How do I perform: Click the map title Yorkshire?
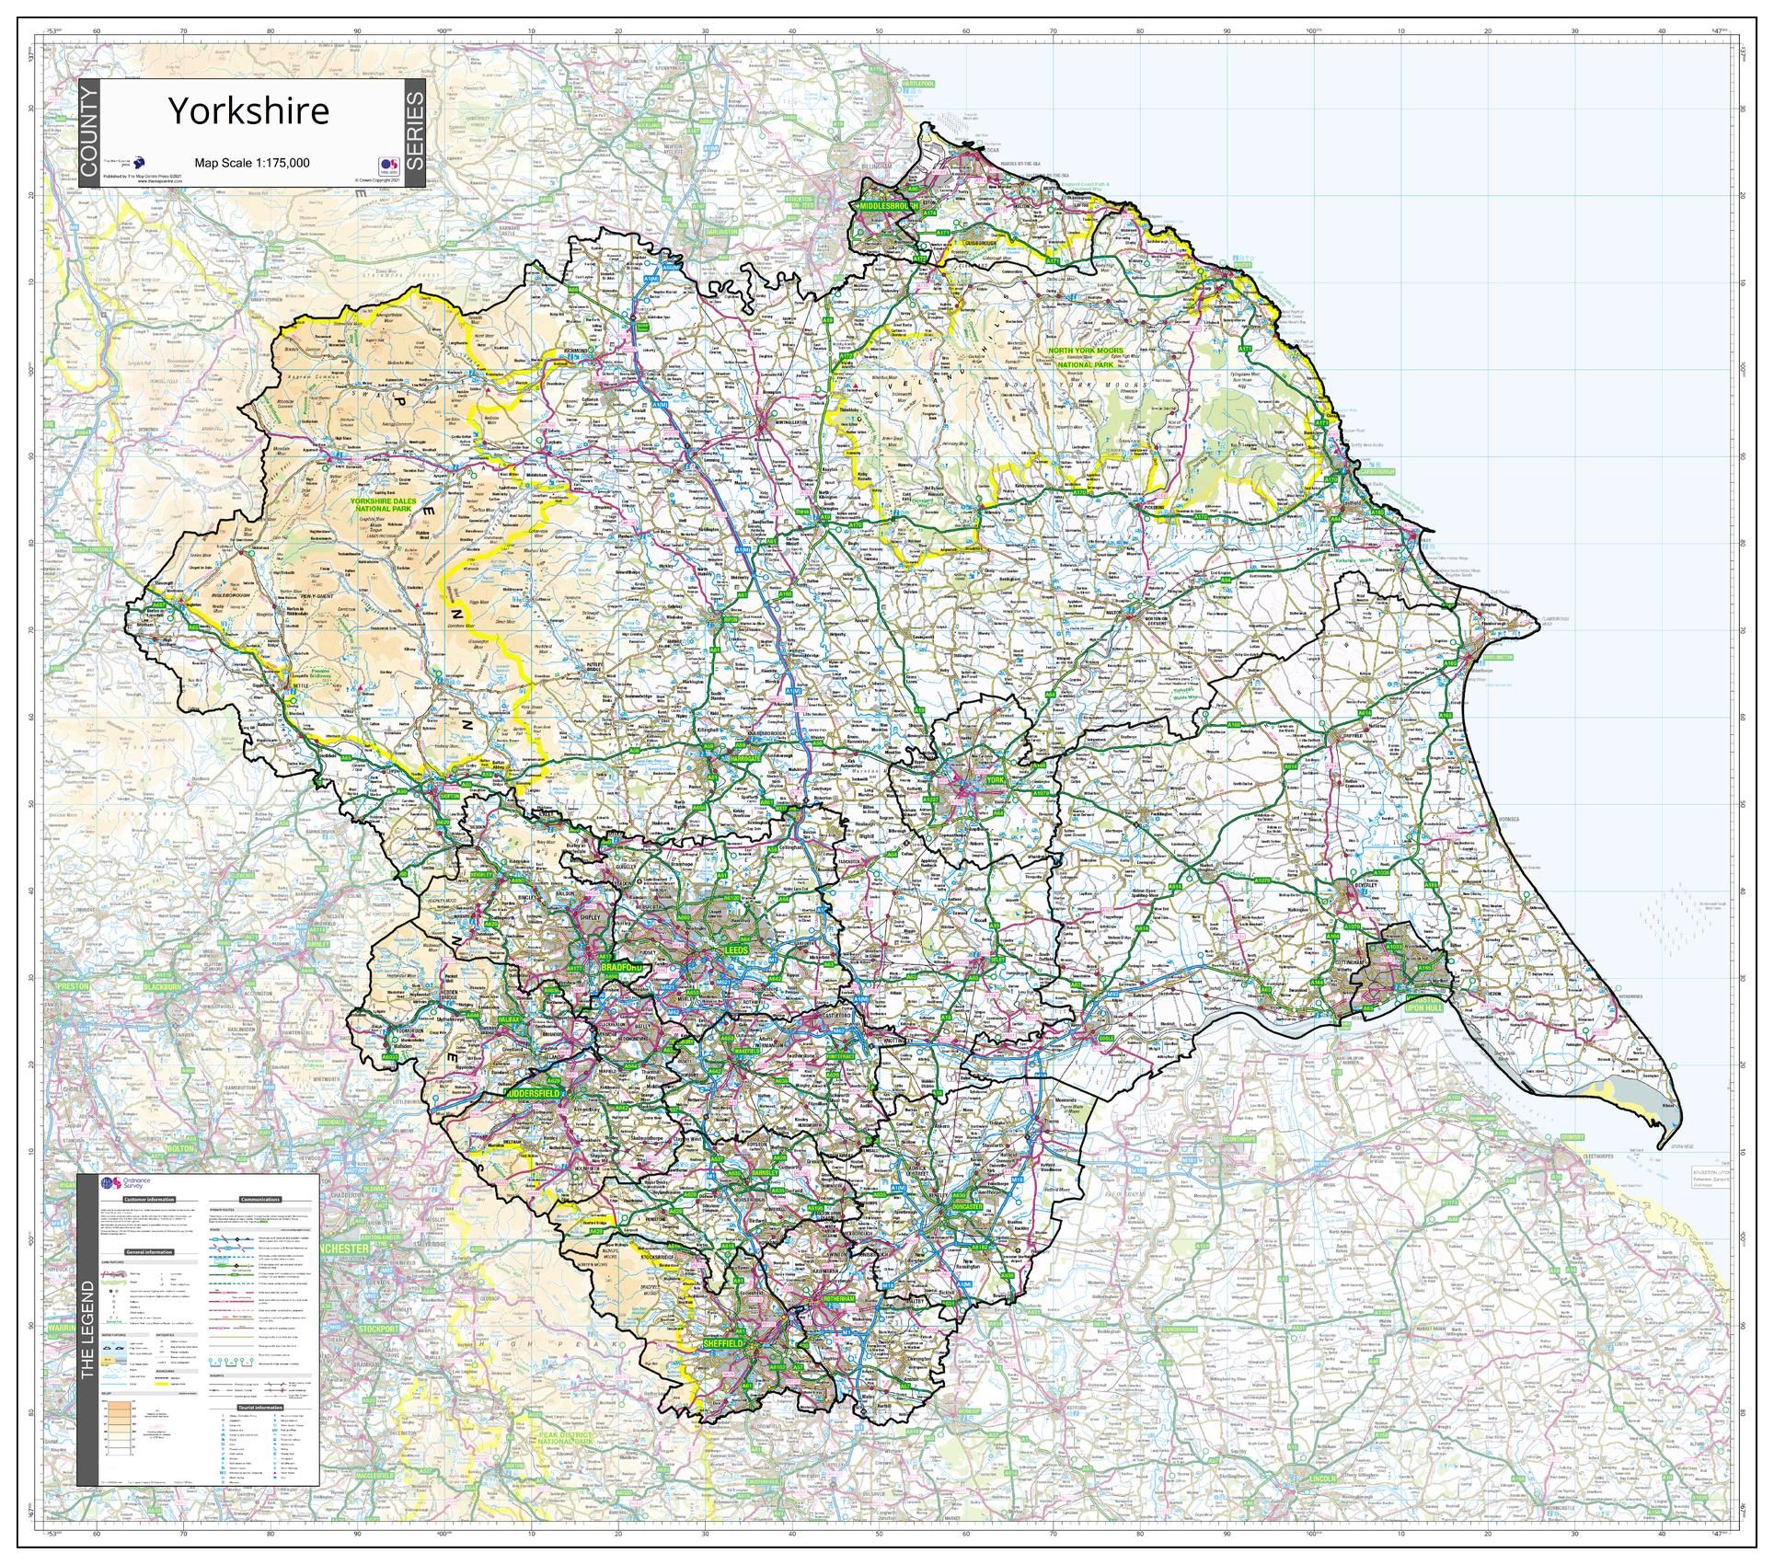(x=248, y=111)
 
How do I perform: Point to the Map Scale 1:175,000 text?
(x=251, y=163)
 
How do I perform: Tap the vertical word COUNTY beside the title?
(x=87, y=133)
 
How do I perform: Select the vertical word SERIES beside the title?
(x=415, y=133)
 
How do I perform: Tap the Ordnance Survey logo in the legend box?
(x=127, y=1184)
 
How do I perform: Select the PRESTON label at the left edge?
(x=72, y=985)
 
